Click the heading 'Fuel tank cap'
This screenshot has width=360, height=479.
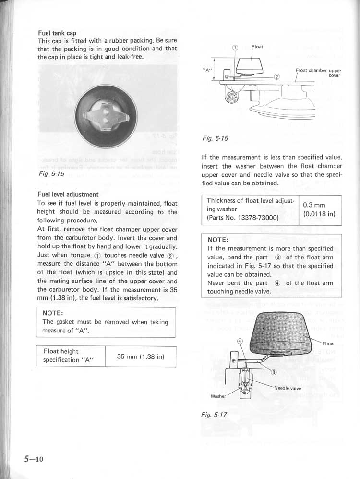click(x=57, y=33)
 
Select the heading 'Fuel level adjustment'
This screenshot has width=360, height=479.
click(x=68, y=195)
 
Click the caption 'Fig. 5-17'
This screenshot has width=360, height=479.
click(x=214, y=414)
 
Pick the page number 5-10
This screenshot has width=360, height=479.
click(x=34, y=459)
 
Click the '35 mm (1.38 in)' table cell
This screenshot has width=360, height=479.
click(x=141, y=356)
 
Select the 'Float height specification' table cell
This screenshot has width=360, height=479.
click(x=61, y=356)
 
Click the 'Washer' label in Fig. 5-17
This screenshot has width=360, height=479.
click(x=219, y=396)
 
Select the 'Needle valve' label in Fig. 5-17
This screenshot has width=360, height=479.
click(x=288, y=388)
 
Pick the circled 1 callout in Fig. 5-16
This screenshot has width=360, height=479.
click(x=235, y=47)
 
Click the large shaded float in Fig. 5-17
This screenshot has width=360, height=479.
click(x=281, y=330)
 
